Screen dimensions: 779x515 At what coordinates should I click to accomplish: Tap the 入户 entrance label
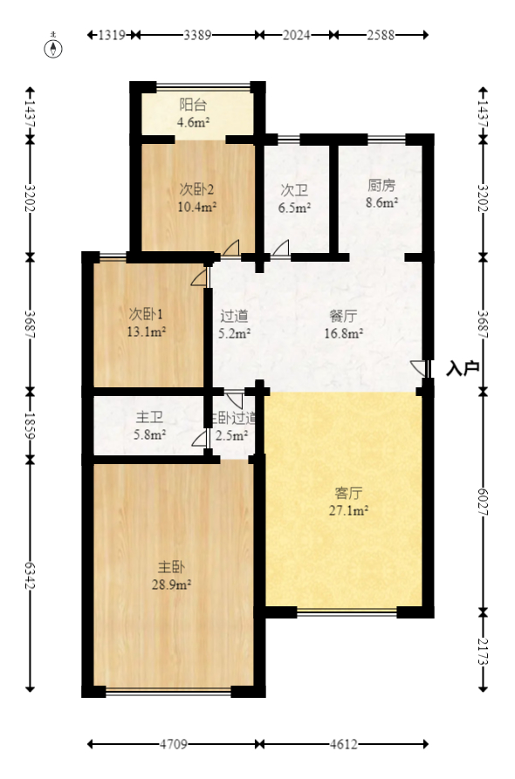tap(463, 369)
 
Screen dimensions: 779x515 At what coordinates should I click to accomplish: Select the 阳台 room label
tap(193, 106)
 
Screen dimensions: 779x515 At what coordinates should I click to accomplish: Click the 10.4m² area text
tap(197, 207)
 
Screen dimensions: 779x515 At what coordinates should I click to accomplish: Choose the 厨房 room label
tap(381, 186)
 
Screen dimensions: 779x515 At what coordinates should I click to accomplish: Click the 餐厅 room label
tap(343, 316)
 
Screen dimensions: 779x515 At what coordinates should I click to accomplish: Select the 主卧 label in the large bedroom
tap(171, 568)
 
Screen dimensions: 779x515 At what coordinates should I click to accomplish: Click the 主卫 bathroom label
tap(149, 417)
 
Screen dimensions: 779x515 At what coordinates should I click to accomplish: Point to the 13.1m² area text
tap(147, 331)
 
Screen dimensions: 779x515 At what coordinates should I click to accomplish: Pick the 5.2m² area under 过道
tap(234, 332)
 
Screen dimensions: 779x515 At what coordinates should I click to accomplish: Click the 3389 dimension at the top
tap(197, 35)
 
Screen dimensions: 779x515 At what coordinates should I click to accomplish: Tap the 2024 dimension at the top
tap(297, 35)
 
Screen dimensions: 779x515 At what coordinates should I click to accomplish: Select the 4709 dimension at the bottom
tap(173, 744)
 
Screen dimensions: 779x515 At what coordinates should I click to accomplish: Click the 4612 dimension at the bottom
tap(344, 744)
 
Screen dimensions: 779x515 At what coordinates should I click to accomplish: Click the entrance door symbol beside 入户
tap(420, 369)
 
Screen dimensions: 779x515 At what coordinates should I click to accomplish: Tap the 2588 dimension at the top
tap(381, 35)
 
